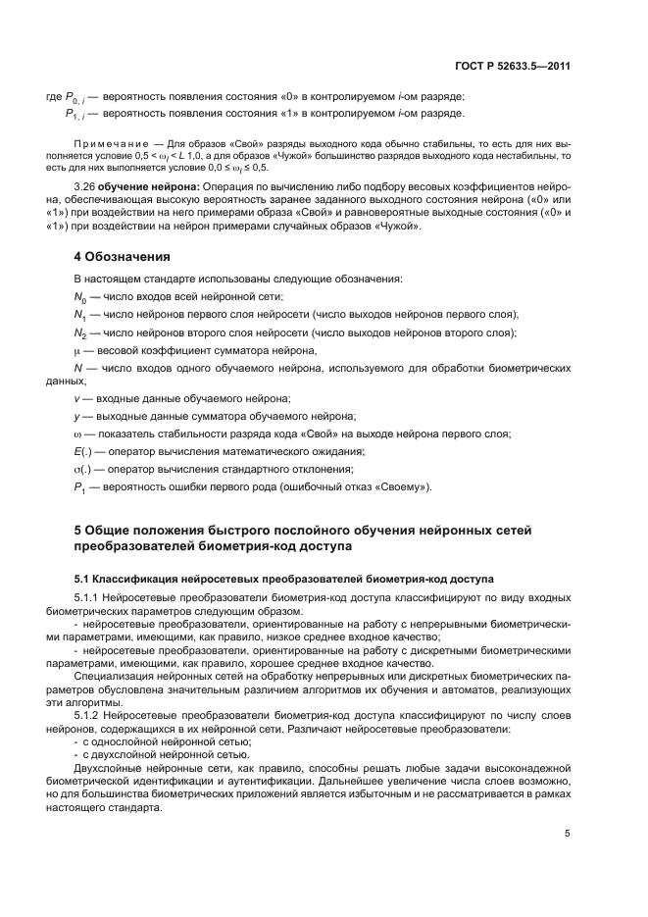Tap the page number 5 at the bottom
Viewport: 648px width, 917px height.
click(568, 834)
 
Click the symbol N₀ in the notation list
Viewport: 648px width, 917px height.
click(80, 296)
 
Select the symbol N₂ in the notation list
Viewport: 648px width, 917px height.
click(80, 332)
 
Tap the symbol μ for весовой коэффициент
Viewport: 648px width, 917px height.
click(77, 350)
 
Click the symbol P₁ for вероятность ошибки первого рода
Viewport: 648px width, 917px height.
click(80, 487)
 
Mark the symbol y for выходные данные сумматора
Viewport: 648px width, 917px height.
click(76, 416)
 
